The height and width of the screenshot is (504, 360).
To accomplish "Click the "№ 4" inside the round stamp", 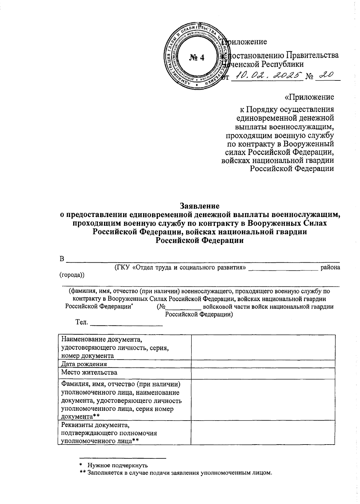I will click(x=196, y=57).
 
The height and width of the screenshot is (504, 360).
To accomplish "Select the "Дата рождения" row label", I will click(x=84, y=364).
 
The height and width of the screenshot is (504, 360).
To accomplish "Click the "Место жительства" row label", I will click(x=89, y=373).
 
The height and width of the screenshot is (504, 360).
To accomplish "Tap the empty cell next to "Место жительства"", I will click(x=263, y=373).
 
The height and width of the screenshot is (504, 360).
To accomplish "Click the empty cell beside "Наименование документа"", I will click(x=263, y=347).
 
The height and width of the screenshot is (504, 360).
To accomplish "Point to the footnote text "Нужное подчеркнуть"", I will click(x=118, y=466).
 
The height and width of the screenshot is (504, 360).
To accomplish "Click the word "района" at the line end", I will click(x=330, y=267).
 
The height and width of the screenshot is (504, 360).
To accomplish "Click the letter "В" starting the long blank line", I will click(x=62, y=259).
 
